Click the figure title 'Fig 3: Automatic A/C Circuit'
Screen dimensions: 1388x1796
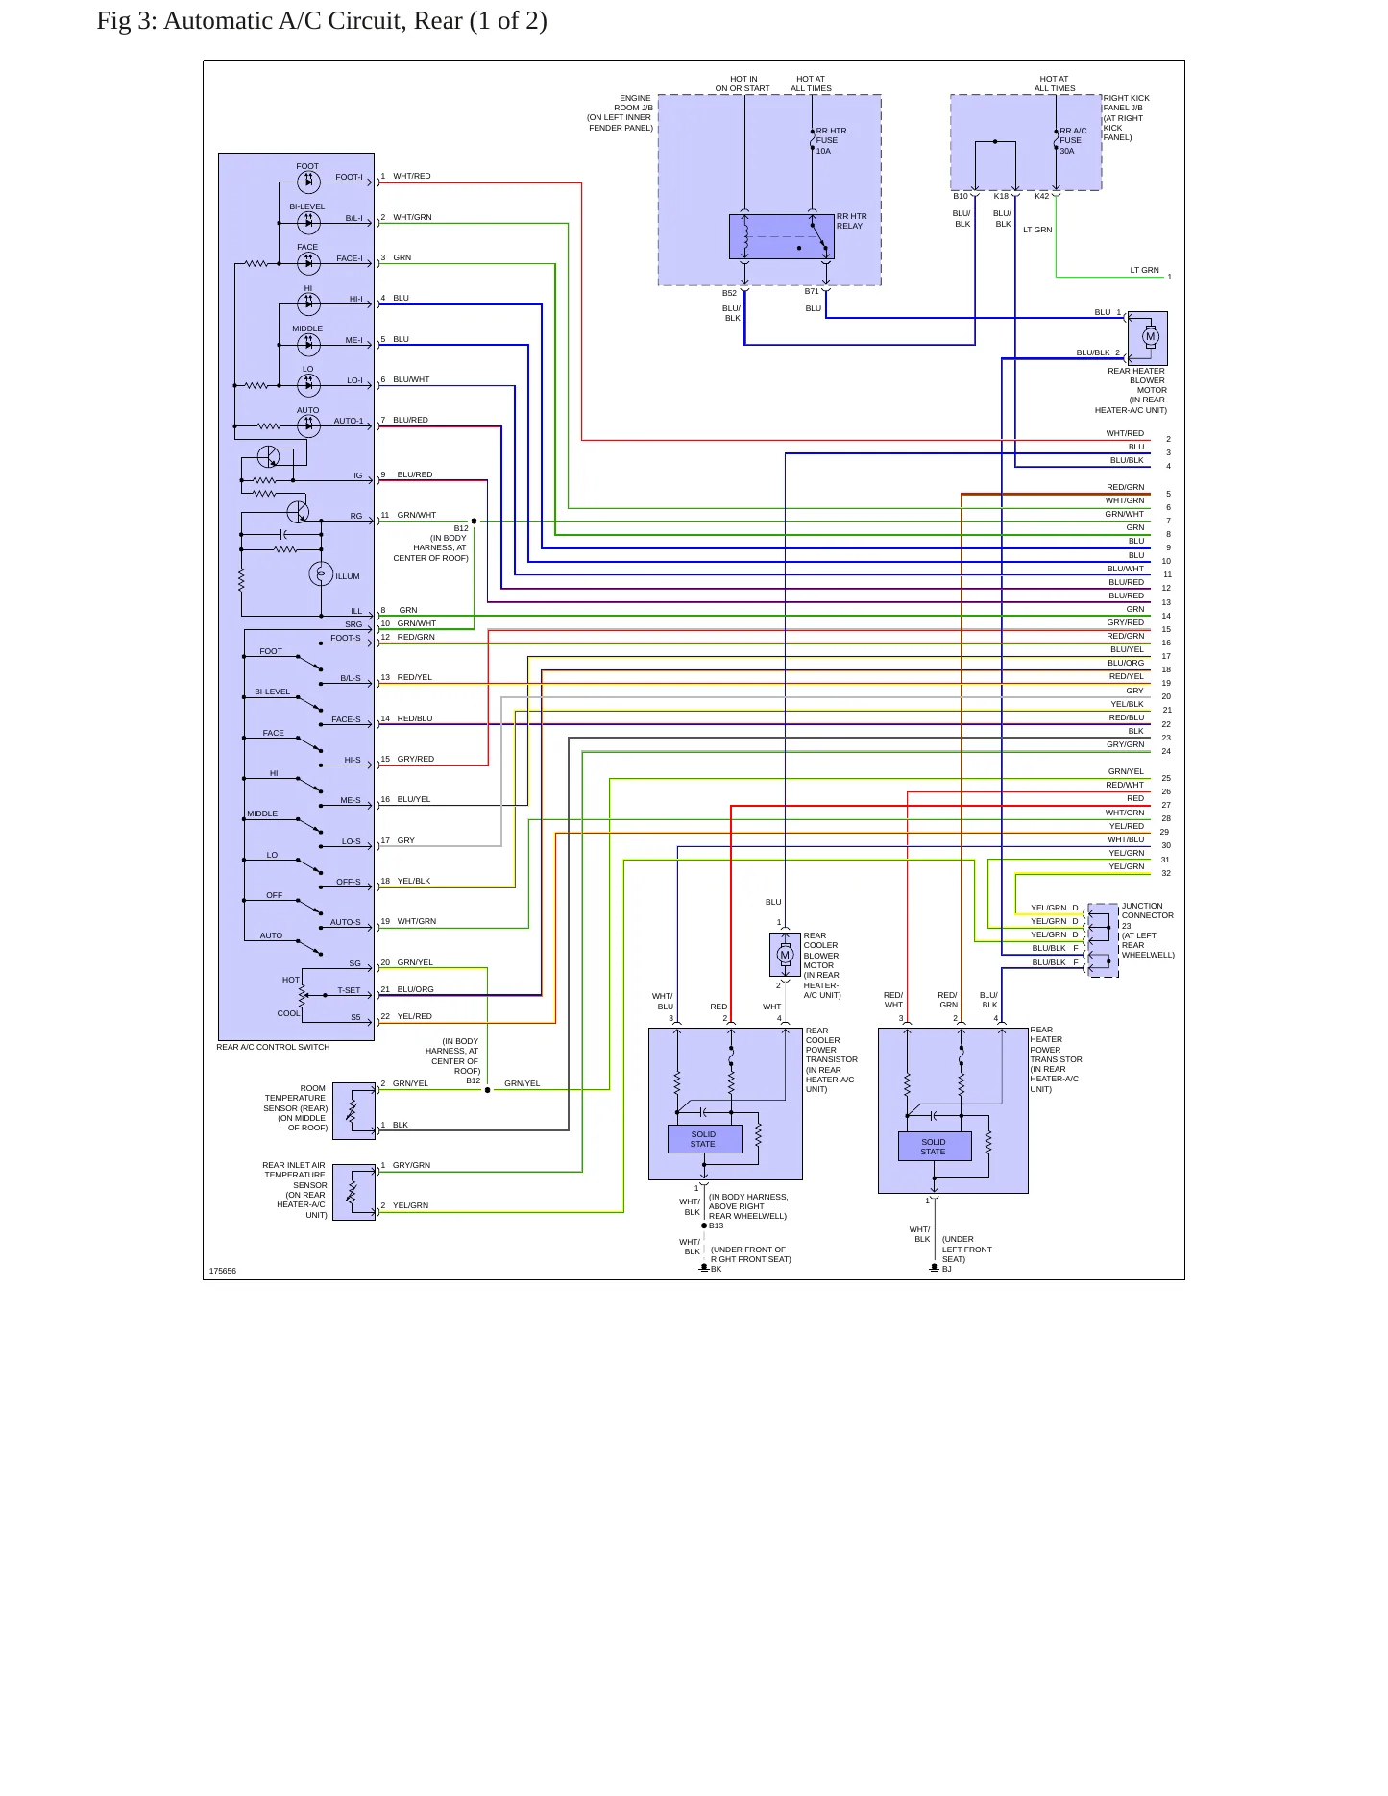[x=252, y=21]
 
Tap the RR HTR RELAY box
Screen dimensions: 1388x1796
[x=782, y=236]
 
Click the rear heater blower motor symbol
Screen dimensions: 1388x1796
[x=1150, y=336]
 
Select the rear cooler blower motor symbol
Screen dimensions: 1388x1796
[x=785, y=954]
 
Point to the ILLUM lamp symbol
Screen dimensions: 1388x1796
[x=321, y=573]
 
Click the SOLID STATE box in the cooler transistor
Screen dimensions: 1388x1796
[x=704, y=1139]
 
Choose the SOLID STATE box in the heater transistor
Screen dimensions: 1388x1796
[x=935, y=1147]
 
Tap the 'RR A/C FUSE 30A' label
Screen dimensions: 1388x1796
[x=1073, y=140]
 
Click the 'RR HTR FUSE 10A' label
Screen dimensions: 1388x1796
[x=831, y=140]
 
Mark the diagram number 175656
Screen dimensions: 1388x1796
[x=223, y=1271]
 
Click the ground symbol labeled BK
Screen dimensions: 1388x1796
[x=704, y=1269]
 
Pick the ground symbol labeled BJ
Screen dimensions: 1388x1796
[x=934, y=1269]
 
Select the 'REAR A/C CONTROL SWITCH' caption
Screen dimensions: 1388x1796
[x=273, y=1047]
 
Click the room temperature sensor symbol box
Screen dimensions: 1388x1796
[x=353, y=1111]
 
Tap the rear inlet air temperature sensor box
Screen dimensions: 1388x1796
[x=353, y=1192]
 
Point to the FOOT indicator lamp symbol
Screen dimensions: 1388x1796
[x=308, y=182]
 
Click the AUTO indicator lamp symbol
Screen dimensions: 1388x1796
[x=308, y=426]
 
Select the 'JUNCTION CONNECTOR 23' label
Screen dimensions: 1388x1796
[x=1147, y=915]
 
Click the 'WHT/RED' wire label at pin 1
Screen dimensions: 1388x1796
[x=412, y=176]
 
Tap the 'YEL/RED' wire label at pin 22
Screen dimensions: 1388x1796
[x=415, y=1016]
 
